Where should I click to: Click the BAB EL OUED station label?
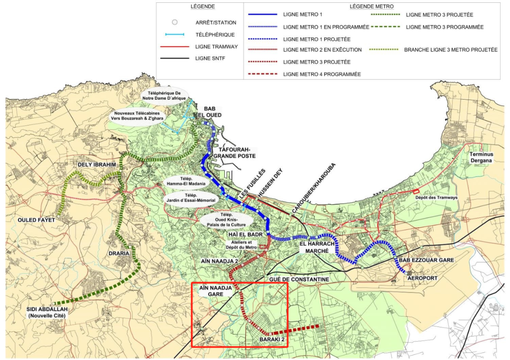click(212, 111)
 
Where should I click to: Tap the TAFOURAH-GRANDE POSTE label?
click(234, 152)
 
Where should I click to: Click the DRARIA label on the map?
click(119, 253)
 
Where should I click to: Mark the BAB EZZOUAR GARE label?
click(426, 260)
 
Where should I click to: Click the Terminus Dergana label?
click(481, 157)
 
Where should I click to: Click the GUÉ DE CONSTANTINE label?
click(299, 280)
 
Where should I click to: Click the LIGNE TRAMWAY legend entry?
click(216, 46)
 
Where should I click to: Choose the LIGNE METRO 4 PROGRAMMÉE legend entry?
click(322, 74)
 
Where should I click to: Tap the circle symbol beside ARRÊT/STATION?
click(174, 22)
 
